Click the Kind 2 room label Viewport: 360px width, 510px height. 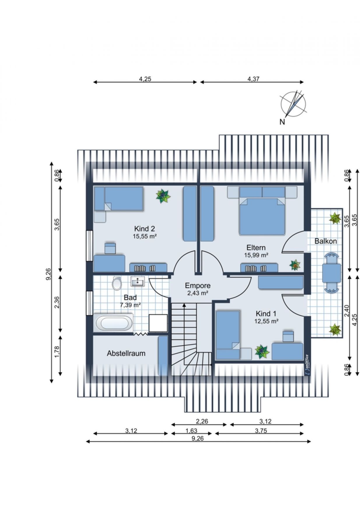[144, 228]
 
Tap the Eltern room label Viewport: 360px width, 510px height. [256, 248]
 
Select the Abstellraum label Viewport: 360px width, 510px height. [126, 353]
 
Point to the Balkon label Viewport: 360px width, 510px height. [326, 241]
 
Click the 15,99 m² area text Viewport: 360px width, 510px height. [256, 255]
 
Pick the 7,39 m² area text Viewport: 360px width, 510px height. [130, 305]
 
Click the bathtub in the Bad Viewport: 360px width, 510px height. [114, 323]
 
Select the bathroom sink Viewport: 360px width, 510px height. [137, 281]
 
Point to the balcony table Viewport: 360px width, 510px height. [331, 273]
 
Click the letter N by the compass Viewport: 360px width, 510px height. [282, 122]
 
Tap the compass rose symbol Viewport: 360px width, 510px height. [294, 104]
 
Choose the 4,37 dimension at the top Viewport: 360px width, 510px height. [253, 79]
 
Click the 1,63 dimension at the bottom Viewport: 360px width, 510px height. [191, 430]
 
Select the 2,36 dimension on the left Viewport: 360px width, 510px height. [57, 302]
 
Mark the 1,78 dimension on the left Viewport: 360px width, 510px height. [57, 352]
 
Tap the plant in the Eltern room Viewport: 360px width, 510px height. [295, 265]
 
